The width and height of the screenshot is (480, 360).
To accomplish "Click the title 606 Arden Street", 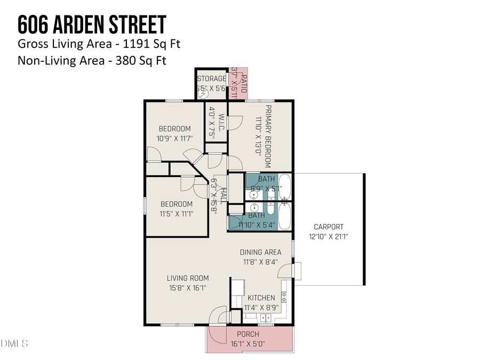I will (x=92, y=25).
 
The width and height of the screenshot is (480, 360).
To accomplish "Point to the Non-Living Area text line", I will (x=92, y=60).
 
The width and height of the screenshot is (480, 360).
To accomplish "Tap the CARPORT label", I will (x=328, y=227).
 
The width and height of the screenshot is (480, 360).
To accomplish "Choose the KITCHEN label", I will (x=261, y=298).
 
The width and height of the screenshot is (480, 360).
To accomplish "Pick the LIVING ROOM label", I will (x=187, y=278).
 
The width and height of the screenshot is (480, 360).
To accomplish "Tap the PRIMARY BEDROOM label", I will (x=268, y=134).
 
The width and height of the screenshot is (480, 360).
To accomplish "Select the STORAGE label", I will (x=211, y=79).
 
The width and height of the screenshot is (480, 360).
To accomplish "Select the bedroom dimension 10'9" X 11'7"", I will (x=174, y=138).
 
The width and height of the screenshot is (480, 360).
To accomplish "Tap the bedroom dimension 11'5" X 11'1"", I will (x=177, y=213).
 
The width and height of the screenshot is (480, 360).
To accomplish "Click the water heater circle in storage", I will (x=203, y=93).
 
